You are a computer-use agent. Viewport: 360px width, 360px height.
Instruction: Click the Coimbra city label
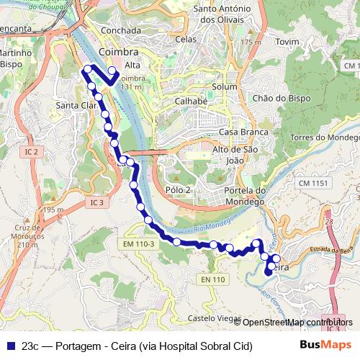point(119,53)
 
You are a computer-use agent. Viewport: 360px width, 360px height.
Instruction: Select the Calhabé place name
point(191,102)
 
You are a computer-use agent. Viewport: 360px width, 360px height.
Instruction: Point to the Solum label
point(225,87)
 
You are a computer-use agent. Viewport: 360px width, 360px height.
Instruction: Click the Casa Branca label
point(243,132)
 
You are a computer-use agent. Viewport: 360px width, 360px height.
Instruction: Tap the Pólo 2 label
point(178,189)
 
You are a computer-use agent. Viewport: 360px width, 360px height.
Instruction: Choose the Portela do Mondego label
point(246,195)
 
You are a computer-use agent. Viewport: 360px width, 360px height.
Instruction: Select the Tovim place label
point(287,42)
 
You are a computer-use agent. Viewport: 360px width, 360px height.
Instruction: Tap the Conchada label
point(121,31)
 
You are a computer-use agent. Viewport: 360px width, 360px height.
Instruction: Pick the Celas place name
point(185,39)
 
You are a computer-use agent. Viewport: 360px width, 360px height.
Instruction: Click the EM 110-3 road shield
point(138,245)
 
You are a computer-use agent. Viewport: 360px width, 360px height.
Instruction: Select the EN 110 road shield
point(213,279)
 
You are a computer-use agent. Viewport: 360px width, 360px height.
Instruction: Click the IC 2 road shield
point(30,152)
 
